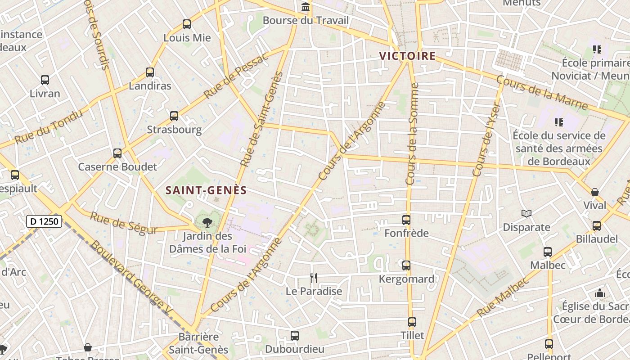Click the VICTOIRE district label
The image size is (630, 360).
[407, 56]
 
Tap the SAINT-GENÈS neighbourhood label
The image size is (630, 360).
[206, 190]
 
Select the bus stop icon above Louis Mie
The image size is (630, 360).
[187, 24]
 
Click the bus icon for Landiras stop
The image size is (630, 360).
[150, 72]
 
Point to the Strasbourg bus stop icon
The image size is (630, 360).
[174, 116]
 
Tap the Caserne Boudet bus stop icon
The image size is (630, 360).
[117, 153]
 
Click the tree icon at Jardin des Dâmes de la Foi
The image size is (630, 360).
[207, 222]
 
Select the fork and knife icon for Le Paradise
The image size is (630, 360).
[314, 278]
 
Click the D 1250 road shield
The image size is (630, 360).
[44, 221]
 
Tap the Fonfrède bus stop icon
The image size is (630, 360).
[406, 220]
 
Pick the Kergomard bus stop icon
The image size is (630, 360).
[406, 265]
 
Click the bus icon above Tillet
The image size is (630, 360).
[412, 322]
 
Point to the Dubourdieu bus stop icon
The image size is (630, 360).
[295, 335]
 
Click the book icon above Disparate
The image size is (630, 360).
[526, 214]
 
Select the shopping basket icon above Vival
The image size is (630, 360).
[595, 192]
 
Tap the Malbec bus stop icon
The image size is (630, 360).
[548, 252]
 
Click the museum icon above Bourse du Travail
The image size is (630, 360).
[306, 7]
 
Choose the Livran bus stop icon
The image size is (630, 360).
[45, 80]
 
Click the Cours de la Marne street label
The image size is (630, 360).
[542, 93]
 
